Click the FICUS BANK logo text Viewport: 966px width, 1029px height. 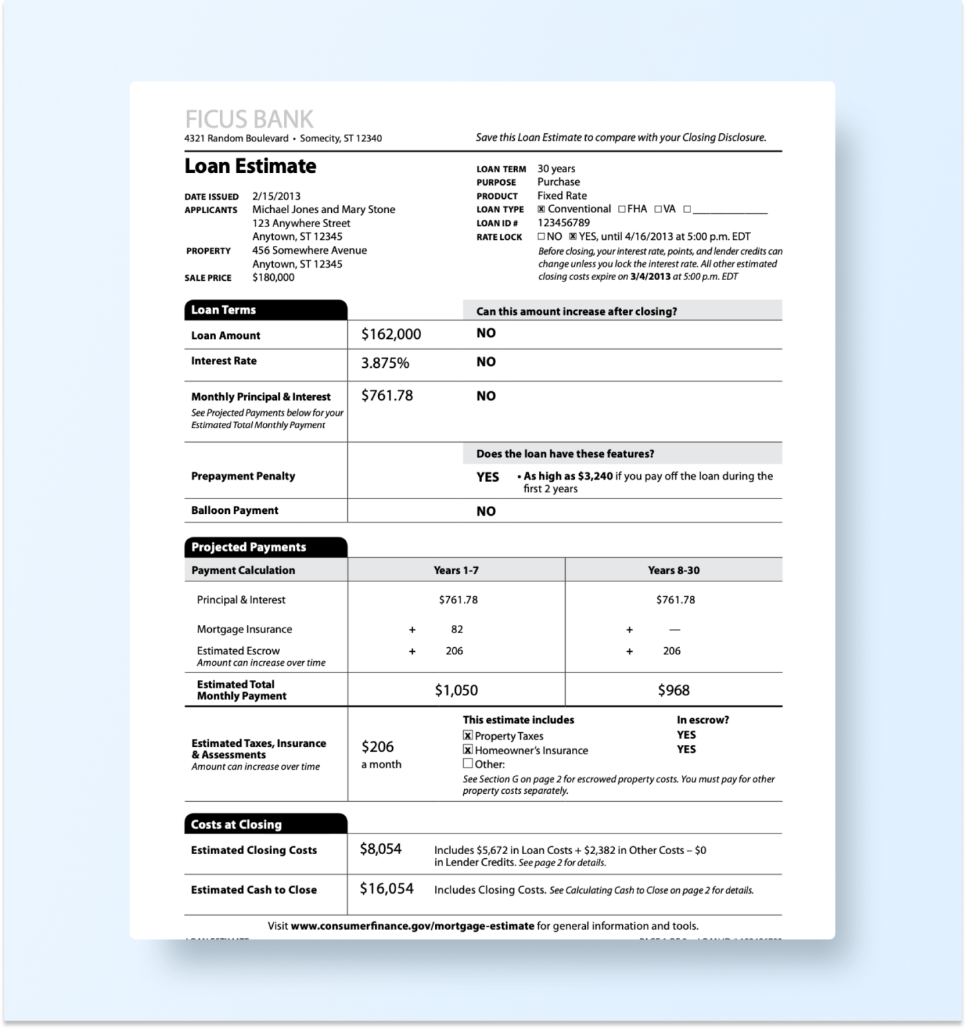click(249, 119)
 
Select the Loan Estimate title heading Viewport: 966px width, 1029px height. click(250, 166)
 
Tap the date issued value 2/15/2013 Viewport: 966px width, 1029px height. click(276, 196)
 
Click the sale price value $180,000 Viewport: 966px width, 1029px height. click(273, 277)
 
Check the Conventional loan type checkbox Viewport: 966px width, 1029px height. click(541, 209)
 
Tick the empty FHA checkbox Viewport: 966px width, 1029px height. click(621, 209)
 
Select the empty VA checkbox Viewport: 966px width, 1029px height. click(658, 209)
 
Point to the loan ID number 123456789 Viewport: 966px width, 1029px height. click(563, 222)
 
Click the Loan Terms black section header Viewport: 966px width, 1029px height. click(265, 310)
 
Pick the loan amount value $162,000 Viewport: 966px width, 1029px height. click(391, 334)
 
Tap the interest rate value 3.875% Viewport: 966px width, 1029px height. click(385, 363)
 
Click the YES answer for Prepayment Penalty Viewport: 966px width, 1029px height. click(488, 477)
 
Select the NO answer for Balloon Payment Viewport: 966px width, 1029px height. click(486, 511)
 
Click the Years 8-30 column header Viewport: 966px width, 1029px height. click(673, 570)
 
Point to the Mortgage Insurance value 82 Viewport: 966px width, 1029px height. click(457, 629)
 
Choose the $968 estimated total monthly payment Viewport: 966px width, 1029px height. click(673, 690)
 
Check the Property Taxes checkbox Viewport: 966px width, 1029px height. click(468, 736)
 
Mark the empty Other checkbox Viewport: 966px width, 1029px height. click(468, 764)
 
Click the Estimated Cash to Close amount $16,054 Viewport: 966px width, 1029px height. click(386, 889)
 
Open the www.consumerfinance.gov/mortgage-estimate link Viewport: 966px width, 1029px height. click(412, 926)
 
